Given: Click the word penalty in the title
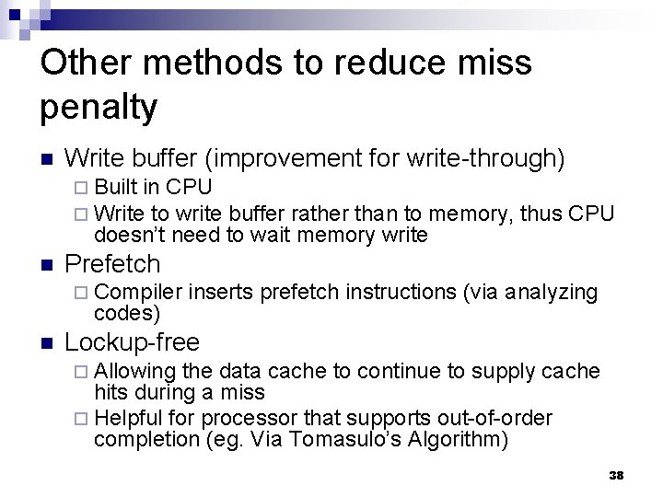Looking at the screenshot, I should (x=99, y=108).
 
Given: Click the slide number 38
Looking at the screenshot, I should (x=617, y=475).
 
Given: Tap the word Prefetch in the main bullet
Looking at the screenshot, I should (x=113, y=264).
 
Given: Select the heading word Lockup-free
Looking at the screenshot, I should (x=133, y=343).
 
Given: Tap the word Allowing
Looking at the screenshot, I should (x=135, y=371).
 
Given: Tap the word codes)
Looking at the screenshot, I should (x=127, y=313).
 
